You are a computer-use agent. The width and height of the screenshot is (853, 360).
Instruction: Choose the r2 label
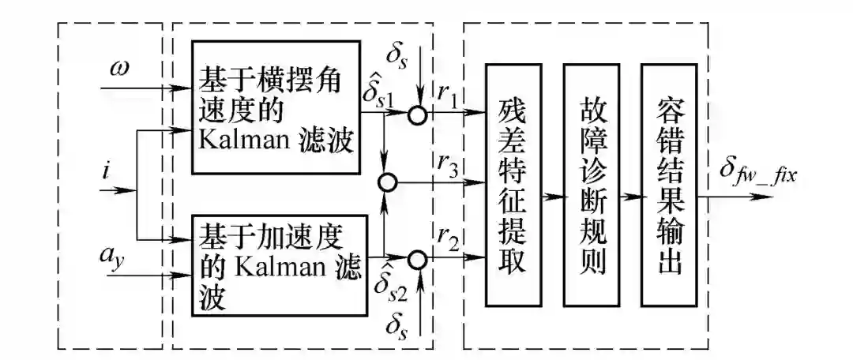[451, 238]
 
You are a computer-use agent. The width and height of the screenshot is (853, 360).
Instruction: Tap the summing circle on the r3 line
[386, 184]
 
